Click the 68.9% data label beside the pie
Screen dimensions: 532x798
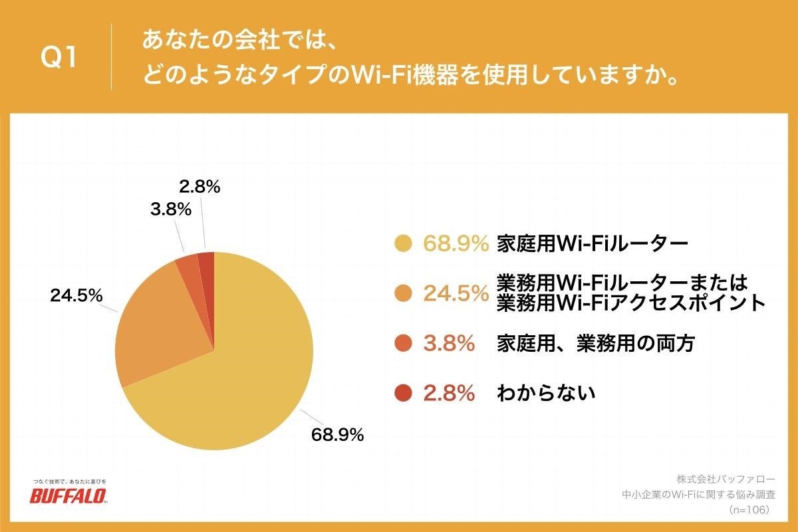pyautogui.click(x=337, y=436)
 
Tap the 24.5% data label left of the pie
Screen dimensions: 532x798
pyautogui.click(x=76, y=295)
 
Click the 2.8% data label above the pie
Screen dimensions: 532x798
pyautogui.click(x=199, y=188)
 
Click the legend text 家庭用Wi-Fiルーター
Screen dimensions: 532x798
pyautogui.click(x=592, y=244)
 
